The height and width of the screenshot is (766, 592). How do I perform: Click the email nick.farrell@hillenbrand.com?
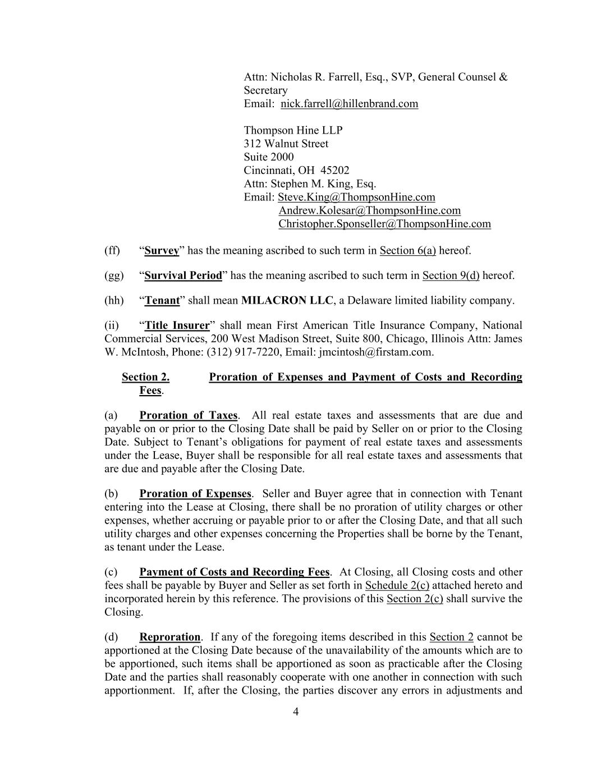[x=349, y=104]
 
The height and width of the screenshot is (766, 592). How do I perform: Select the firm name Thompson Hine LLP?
[x=293, y=130]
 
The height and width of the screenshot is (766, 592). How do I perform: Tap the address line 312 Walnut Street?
[x=286, y=144]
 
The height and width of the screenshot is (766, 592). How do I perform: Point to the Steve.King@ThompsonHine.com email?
[x=356, y=197]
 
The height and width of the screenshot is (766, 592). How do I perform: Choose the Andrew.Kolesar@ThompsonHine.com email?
[x=369, y=210]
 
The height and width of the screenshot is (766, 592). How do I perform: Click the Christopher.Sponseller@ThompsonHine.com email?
[x=384, y=224]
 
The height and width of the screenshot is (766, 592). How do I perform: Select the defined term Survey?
[x=162, y=251]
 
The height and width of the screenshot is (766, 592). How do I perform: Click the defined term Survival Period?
[x=183, y=276]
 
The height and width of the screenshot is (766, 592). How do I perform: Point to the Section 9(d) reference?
[x=451, y=276]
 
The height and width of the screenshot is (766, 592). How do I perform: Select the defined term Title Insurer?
[x=177, y=325]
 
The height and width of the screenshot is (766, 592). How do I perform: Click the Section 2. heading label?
[x=145, y=377]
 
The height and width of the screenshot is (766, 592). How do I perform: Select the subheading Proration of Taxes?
[x=188, y=416]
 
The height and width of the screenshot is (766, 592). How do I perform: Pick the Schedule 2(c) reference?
[x=397, y=586]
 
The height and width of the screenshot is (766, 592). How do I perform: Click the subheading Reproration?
[x=169, y=637]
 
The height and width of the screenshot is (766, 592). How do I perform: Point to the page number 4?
[x=296, y=712]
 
